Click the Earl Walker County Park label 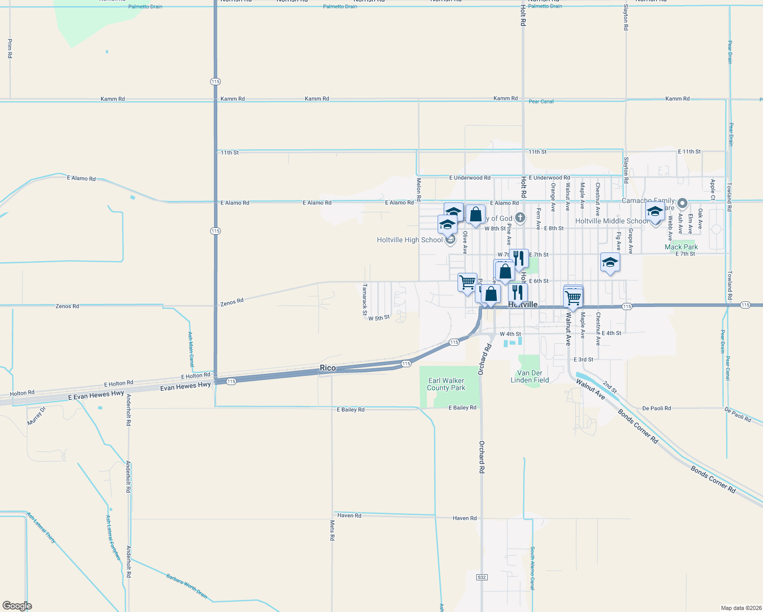click(446, 384)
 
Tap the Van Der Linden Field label click(530, 376)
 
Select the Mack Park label click(681, 247)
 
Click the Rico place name click(328, 368)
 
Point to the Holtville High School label click(410, 240)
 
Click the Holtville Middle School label click(612, 221)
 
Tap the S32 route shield click(481, 577)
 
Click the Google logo click(17, 606)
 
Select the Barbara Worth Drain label click(187, 586)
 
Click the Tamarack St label click(365, 296)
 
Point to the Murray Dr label click(36, 416)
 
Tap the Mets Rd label click(332, 530)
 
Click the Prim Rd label click(10, 48)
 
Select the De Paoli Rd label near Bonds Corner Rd click(656, 408)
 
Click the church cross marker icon click(520, 218)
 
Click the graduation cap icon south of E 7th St click(610, 263)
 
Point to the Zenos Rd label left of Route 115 click(67, 306)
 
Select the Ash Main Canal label click(190, 349)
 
